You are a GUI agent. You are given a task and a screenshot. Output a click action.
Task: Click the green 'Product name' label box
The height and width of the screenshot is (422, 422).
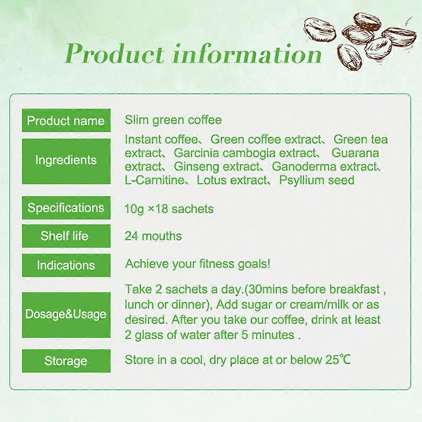66,121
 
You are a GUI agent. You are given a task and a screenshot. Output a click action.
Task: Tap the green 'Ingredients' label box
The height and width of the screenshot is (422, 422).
66,161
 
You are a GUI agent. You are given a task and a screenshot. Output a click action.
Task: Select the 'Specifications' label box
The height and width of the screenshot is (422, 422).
66,208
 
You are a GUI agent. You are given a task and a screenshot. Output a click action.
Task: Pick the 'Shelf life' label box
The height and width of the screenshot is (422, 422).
66,236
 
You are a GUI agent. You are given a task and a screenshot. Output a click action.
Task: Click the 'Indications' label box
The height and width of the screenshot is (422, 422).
66,265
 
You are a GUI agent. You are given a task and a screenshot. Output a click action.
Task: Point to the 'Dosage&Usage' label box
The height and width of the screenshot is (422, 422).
66,314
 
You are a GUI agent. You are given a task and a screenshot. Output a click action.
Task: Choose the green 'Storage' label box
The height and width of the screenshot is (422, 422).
66,361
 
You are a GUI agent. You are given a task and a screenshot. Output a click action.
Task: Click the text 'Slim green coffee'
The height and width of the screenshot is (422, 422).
173,120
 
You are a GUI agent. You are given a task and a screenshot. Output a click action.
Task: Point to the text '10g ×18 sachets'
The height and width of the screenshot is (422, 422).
169,209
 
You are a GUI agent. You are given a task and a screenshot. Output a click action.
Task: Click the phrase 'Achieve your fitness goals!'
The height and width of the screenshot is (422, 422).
197,264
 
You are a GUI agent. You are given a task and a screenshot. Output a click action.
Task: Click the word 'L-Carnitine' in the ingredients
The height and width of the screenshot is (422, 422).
154,181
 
